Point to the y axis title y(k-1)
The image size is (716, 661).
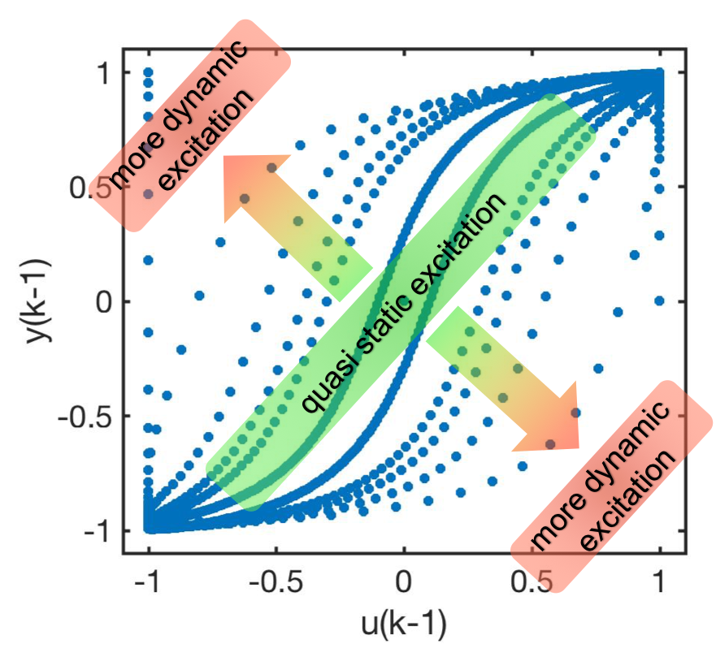coord(37,300)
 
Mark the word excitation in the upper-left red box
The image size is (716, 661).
coord(207,142)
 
